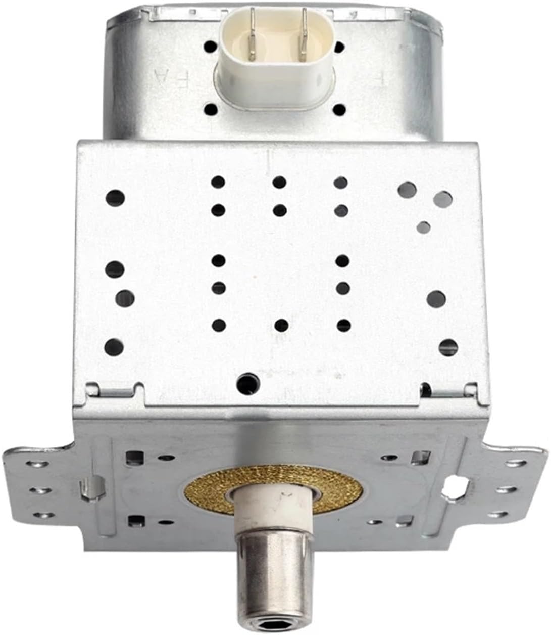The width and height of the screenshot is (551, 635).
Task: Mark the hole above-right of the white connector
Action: (339, 47)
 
